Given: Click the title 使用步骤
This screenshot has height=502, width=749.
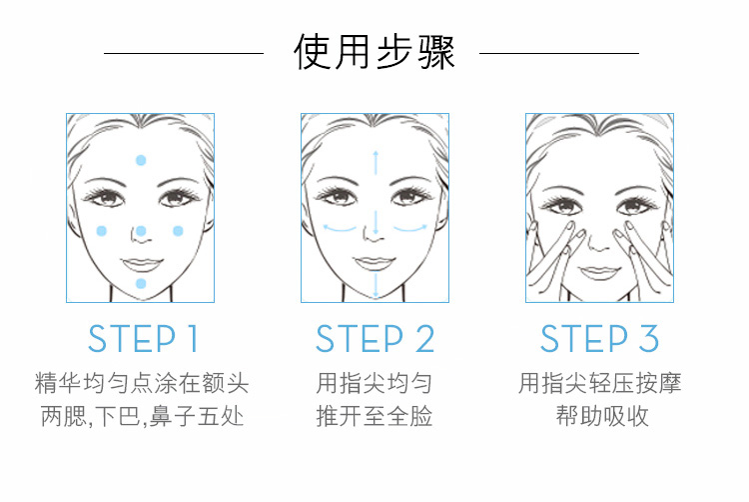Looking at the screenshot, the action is (374, 52).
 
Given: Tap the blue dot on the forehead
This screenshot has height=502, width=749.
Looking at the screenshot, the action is (141, 160).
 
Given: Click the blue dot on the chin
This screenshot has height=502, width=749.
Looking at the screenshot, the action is (141, 284).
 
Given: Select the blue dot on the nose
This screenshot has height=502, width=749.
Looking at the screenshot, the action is (141, 231).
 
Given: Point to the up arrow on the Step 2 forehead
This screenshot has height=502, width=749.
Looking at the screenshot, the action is (375, 163).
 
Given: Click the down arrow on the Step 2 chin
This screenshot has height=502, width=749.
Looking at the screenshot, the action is (375, 285).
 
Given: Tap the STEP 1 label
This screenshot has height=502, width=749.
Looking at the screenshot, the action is (143, 338).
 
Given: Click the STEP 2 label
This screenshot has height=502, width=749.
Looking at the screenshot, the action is (374, 338).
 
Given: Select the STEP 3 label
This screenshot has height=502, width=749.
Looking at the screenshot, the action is (599, 338).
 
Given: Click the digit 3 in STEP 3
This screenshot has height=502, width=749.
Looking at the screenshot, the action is (649, 338).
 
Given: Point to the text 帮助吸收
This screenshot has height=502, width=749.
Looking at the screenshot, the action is (602, 415).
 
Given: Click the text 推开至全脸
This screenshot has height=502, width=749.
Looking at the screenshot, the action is (374, 415).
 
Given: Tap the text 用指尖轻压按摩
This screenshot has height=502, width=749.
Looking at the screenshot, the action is (600, 383).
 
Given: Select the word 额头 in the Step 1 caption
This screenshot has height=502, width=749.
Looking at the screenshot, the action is (225, 383).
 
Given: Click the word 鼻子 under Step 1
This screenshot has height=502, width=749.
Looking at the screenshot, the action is (172, 415).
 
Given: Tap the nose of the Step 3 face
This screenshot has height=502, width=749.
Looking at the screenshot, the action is (597, 243).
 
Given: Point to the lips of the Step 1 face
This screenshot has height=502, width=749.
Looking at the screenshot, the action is (142, 264).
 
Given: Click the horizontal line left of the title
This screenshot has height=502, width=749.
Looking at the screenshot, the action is (184, 53).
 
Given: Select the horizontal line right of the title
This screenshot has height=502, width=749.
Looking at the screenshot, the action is (559, 53).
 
